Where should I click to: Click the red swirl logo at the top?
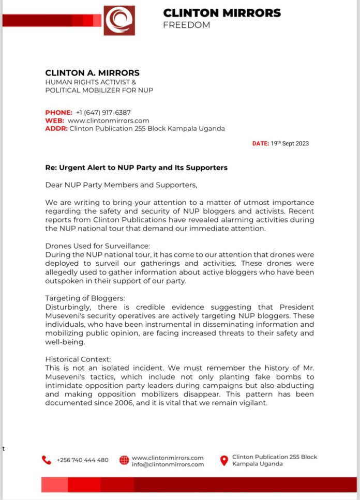click(x=119, y=20)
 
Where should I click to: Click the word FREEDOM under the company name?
click(x=186, y=25)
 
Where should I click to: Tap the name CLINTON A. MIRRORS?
click(x=92, y=73)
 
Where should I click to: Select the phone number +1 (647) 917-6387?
click(x=103, y=112)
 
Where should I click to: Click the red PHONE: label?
click(x=58, y=112)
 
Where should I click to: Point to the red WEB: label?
click(x=55, y=120)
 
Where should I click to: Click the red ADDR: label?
click(x=56, y=129)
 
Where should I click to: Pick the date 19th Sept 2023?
click(x=290, y=143)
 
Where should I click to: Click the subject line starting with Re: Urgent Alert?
click(x=136, y=168)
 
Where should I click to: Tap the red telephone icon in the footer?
click(x=47, y=460)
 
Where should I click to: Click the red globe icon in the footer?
click(x=124, y=460)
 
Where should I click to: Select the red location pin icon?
click(x=224, y=460)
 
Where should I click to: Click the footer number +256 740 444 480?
click(x=83, y=460)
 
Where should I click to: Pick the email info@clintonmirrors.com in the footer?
click(x=168, y=464)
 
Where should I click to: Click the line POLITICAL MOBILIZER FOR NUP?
click(x=99, y=90)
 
